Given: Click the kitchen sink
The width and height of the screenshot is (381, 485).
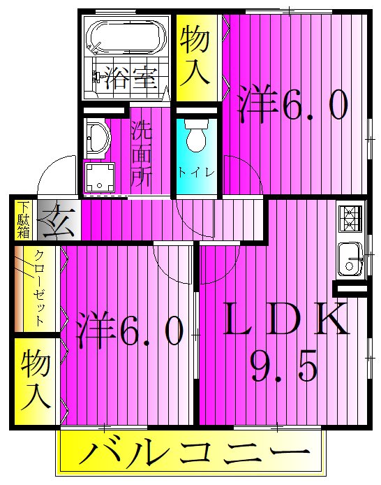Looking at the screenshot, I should [348, 258].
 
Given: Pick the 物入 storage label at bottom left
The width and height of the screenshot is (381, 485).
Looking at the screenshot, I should [34, 382].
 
